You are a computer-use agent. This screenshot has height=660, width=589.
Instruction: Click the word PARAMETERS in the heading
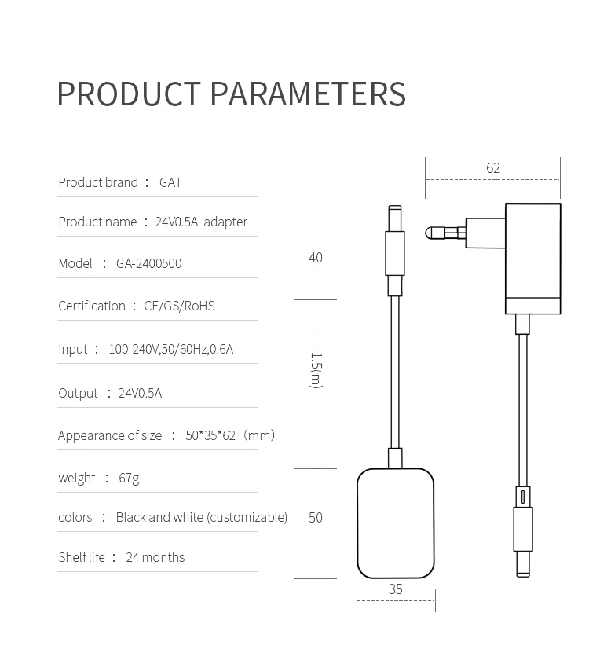pyautogui.click(x=308, y=93)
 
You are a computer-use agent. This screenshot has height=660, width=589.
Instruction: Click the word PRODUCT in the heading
pyautogui.click(x=129, y=93)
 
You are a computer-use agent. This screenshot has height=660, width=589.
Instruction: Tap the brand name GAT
pyautogui.click(x=170, y=182)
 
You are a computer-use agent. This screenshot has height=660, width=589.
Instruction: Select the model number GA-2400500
pyautogui.click(x=149, y=263)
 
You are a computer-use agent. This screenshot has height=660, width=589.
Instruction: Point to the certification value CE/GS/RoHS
pyautogui.click(x=179, y=306)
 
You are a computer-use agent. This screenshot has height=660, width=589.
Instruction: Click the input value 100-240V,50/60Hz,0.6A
pyautogui.click(x=171, y=350)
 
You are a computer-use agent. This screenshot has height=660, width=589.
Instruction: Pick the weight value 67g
pyautogui.click(x=129, y=478)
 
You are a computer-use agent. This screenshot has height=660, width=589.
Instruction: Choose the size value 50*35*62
pyautogui.click(x=210, y=435)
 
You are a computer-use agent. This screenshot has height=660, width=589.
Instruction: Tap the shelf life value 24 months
pyautogui.click(x=155, y=557)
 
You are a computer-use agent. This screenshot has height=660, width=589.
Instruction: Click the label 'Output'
pyautogui.click(x=78, y=393)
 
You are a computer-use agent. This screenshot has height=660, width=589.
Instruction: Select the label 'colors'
pyautogui.click(x=75, y=517)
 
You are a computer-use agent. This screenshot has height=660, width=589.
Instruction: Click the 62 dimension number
pyautogui.click(x=493, y=168)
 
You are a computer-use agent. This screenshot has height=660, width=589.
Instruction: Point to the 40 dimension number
pyautogui.click(x=316, y=258)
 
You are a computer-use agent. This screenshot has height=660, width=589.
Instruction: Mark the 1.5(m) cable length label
pyautogui.click(x=316, y=370)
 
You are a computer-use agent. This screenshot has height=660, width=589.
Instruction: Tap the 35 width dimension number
pyautogui.click(x=396, y=589)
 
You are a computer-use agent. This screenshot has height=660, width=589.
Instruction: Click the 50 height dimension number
pyautogui.click(x=316, y=518)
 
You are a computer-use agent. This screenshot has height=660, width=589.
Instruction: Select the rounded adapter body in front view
pyautogui.click(x=396, y=523)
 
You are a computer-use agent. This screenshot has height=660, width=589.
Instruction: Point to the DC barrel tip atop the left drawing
pyautogui.click(x=395, y=218)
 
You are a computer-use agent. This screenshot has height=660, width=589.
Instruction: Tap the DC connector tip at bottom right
pyautogui.click(x=523, y=564)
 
